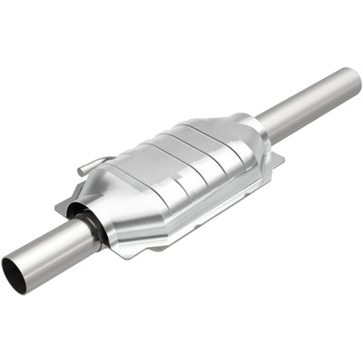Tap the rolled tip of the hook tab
81,170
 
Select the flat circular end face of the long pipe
351,79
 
